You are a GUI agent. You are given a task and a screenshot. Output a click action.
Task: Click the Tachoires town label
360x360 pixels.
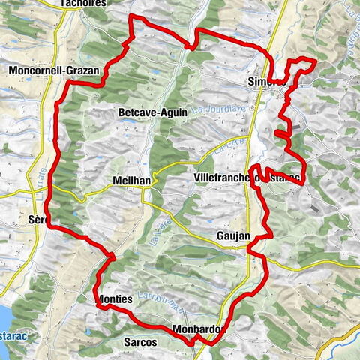point(84,3)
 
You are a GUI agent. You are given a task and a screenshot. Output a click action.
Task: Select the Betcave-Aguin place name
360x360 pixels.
point(153,112)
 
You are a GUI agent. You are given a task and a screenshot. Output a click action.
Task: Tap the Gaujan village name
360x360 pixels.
point(232,235)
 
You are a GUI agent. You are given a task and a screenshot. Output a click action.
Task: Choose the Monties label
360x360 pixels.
point(115,298)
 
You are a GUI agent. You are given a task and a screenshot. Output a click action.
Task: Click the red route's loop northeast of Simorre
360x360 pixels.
point(303,66)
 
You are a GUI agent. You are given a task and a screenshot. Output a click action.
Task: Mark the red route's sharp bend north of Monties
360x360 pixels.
point(114,256)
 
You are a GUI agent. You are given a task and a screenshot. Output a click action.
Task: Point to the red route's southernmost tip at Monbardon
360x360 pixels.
point(202,343)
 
